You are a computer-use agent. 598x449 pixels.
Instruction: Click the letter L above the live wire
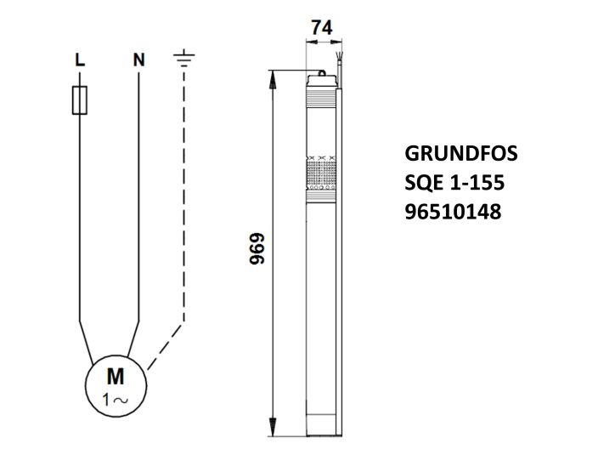tap(79, 60)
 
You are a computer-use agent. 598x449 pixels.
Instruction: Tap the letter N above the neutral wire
tap(138, 60)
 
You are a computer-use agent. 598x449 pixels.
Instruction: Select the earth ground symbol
tap(183, 59)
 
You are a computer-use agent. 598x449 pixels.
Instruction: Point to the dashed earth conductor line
tap(183, 213)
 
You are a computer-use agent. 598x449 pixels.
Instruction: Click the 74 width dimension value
tap(321, 28)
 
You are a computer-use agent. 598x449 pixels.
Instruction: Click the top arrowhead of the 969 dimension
tap(274, 77)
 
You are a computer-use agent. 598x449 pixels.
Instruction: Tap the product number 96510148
tap(454, 211)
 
